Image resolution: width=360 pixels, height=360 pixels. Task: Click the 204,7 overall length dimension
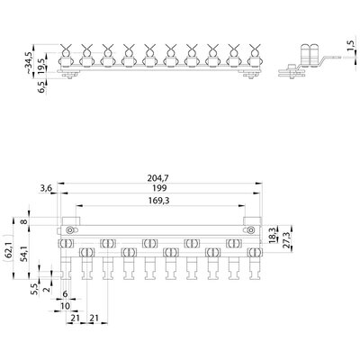tap(158, 178)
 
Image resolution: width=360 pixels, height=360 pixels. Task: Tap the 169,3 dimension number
tap(158, 201)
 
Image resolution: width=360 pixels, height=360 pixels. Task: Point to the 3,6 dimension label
tap(46, 188)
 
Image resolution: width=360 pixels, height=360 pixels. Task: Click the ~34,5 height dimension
tap(28, 62)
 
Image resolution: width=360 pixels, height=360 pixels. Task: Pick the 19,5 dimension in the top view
tap(41, 67)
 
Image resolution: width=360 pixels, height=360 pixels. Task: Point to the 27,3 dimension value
tap(287, 239)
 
